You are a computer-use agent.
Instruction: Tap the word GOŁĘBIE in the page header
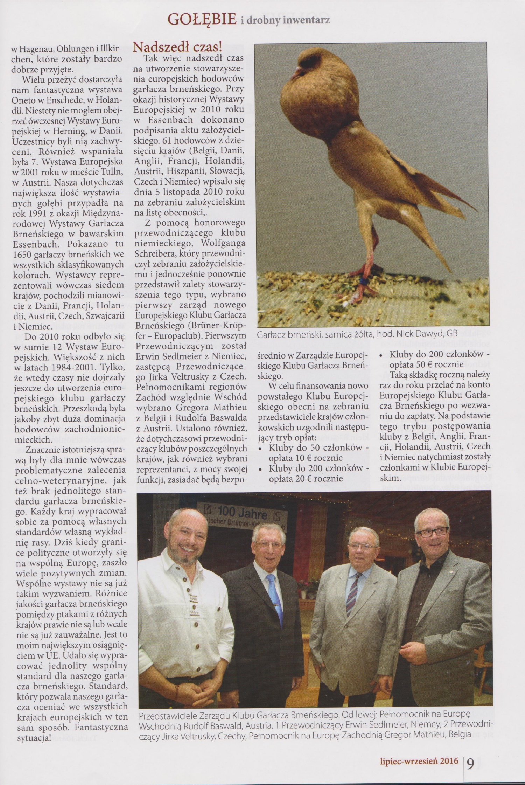(202, 20)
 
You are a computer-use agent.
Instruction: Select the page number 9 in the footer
(471, 761)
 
